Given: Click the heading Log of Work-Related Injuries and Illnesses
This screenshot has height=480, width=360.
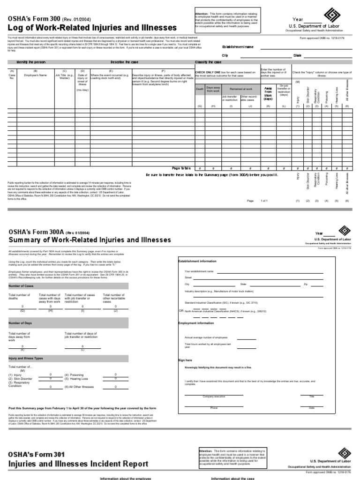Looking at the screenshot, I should [x=92, y=28].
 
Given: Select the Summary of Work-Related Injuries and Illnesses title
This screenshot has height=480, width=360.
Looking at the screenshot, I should [x=90, y=240].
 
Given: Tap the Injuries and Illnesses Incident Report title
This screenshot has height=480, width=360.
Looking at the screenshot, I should [x=78, y=464].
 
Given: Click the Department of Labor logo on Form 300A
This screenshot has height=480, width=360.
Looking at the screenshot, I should [x=344, y=231].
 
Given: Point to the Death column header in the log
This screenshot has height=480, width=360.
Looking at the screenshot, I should [x=200, y=89].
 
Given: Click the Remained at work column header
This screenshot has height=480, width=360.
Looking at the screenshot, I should [x=240, y=89].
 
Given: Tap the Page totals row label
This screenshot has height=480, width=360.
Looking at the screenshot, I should [x=181, y=167].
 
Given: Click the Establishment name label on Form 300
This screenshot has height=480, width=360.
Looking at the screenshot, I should [x=240, y=47].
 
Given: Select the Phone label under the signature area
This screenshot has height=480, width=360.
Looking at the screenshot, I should [x=214, y=408].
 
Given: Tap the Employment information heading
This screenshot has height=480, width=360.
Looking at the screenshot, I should [x=195, y=323].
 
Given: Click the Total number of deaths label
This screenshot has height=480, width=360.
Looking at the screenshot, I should [x=20, y=296].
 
